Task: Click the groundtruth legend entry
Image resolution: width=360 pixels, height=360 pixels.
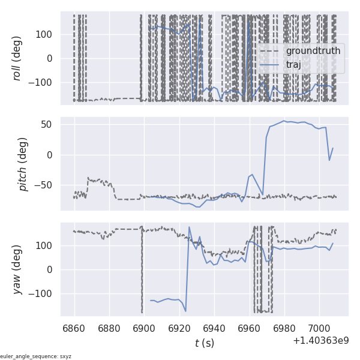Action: click(x=313, y=51)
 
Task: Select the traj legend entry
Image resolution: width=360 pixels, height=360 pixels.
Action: click(x=293, y=65)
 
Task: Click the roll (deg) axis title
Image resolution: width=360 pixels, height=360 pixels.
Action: click(x=18, y=58)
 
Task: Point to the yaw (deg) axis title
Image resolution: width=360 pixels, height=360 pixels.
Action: click(x=18, y=269)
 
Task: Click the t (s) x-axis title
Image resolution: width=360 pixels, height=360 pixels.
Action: click(x=204, y=343)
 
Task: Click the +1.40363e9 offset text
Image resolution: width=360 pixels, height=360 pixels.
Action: click(x=320, y=341)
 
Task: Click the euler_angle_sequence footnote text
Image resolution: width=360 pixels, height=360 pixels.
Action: click(x=36, y=356)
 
